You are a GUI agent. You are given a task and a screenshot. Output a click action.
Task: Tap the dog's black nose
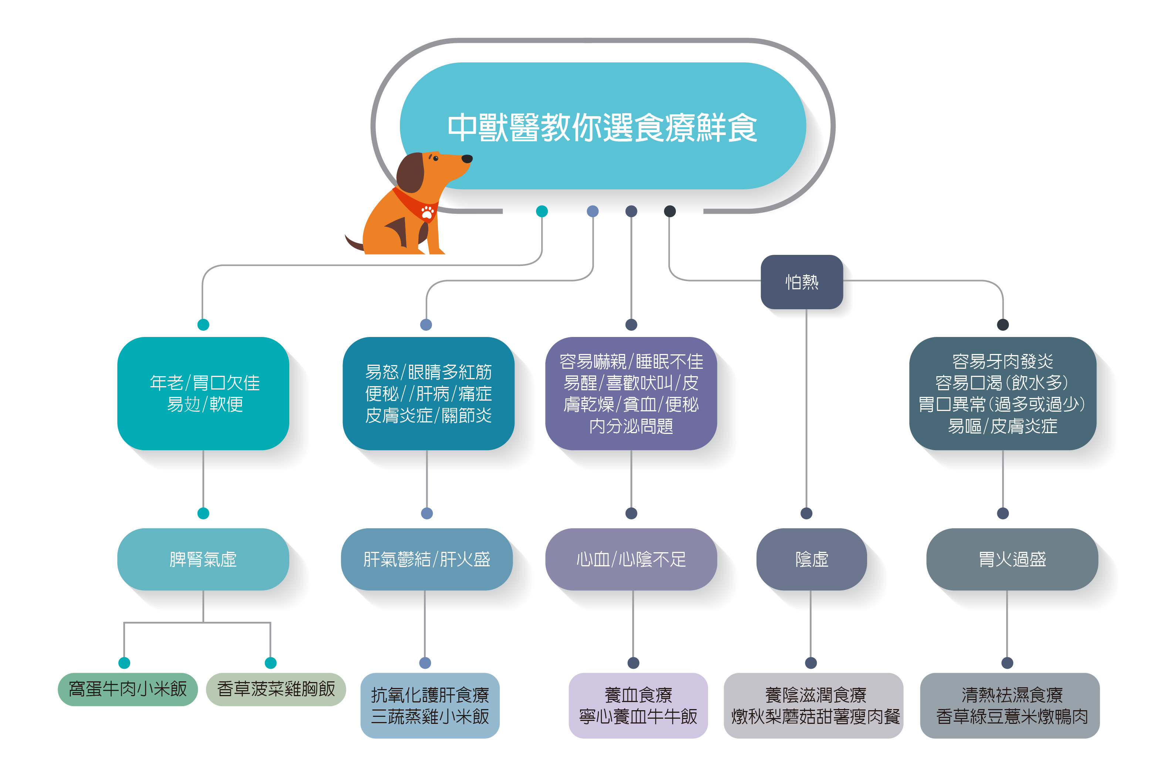tap(467, 158)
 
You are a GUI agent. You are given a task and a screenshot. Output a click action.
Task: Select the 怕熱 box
tap(801, 282)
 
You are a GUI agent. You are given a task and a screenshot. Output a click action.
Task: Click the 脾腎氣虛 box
tap(203, 559)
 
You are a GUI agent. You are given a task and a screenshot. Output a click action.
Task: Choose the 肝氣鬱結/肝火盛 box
tap(427, 559)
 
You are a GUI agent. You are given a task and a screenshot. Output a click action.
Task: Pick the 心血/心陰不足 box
tap(631, 559)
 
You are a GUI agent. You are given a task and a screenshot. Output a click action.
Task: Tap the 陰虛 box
tap(812, 559)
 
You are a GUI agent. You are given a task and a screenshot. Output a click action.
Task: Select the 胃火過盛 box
tap(1012, 559)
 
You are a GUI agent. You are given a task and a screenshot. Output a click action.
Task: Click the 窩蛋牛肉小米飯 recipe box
tap(128, 689)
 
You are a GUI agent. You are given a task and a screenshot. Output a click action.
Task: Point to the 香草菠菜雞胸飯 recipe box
tap(276, 689)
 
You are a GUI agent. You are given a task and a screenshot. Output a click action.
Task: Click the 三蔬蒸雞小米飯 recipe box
tap(429, 706)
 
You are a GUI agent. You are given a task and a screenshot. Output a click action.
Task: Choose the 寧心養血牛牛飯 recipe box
tap(638, 706)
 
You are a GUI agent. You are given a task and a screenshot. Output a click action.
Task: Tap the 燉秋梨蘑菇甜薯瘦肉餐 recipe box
tap(813, 706)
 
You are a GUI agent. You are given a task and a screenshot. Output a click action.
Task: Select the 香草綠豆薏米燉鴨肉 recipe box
tap(1010, 706)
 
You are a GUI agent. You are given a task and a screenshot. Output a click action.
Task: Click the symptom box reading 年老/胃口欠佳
tap(203, 393)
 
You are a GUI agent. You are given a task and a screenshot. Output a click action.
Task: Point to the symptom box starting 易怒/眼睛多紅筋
tap(428, 393)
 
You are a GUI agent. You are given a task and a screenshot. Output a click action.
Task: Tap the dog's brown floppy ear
tap(410, 173)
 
